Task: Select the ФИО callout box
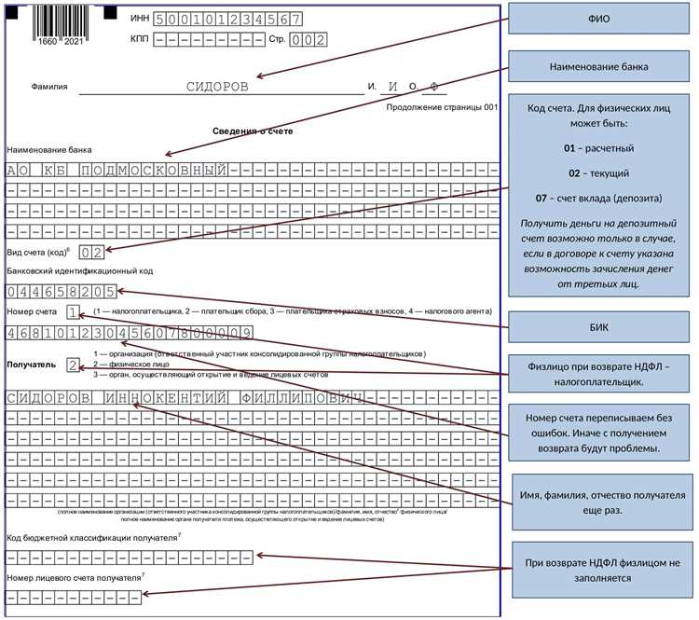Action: (x=599, y=20)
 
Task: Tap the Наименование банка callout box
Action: (x=599, y=67)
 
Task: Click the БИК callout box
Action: (x=599, y=326)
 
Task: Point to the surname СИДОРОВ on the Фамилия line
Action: (x=217, y=86)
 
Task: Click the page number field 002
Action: (x=307, y=40)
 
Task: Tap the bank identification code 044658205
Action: (x=60, y=290)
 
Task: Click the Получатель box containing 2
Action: (x=74, y=365)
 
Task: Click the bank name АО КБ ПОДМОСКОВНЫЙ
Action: (x=116, y=171)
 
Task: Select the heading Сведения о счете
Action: (x=253, y=131)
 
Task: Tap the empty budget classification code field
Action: (x=129, y=558)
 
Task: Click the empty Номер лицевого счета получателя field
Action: (x=74, y=597)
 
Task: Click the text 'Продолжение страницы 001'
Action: (x=443, y=107)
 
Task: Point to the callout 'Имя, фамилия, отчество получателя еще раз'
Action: (x=599, y=502)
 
